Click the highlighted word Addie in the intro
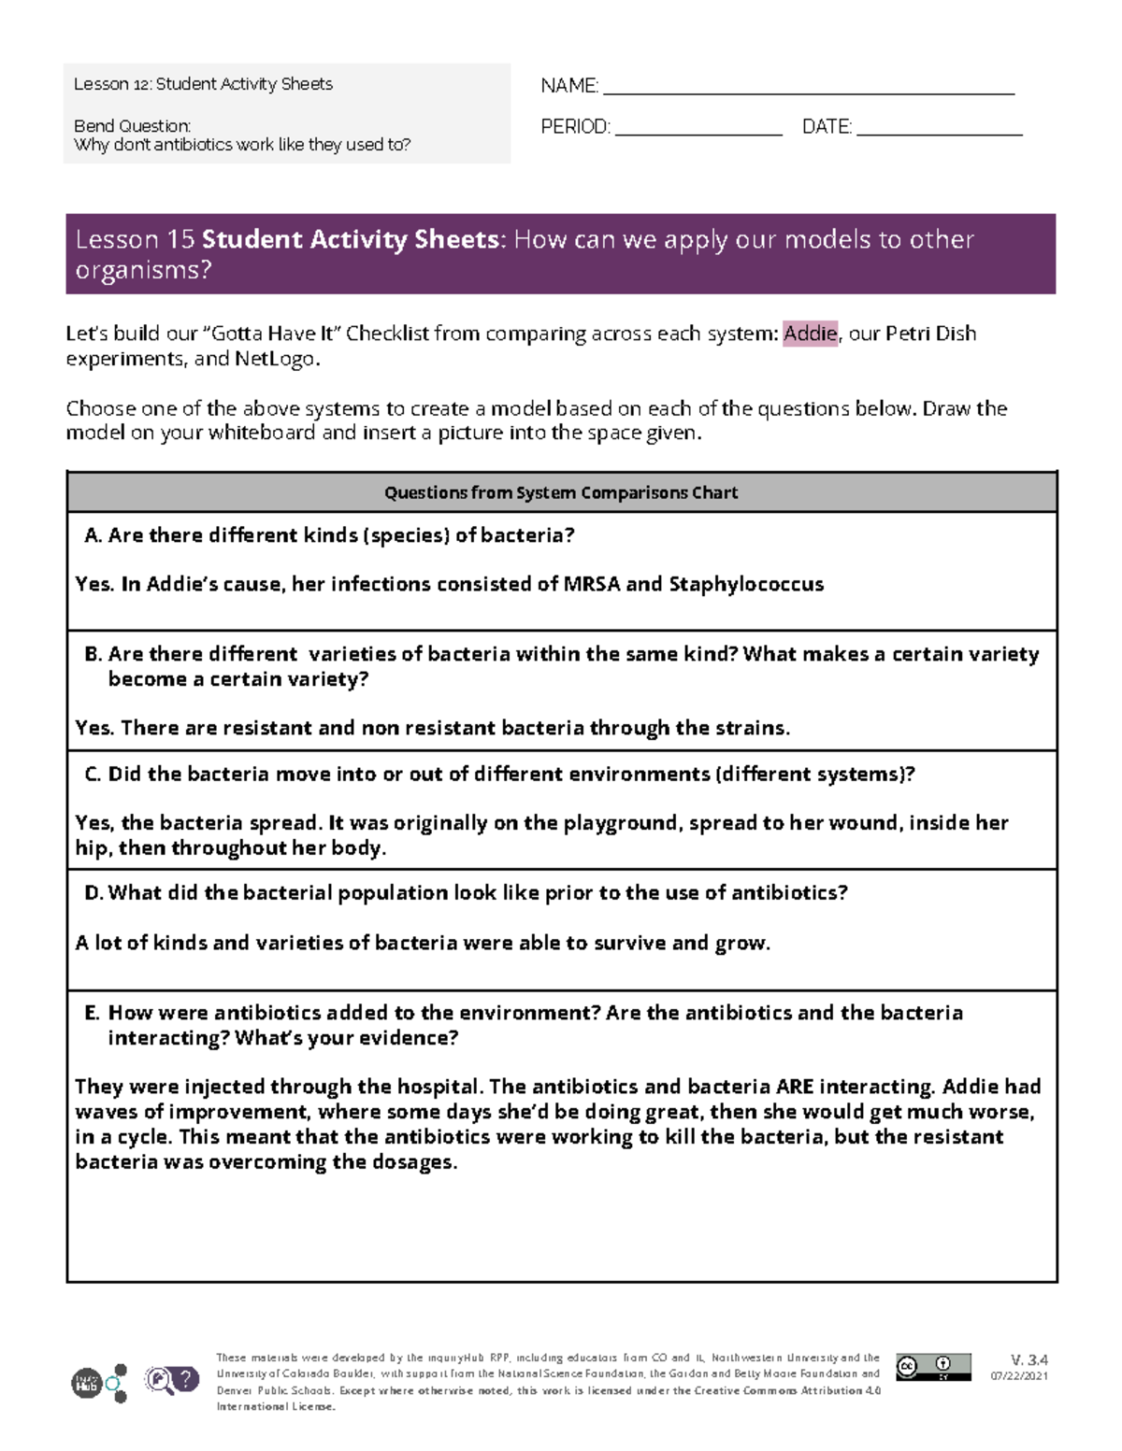810,334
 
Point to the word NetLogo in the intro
277,359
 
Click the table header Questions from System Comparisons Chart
561,492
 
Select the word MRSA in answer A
591,584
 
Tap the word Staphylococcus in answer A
746,584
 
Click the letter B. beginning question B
93,654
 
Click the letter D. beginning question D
93,893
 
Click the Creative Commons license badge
932,1367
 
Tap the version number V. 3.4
1028,1360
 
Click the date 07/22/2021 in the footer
1019,1376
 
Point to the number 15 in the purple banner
180,240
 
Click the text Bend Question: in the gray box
132,126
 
